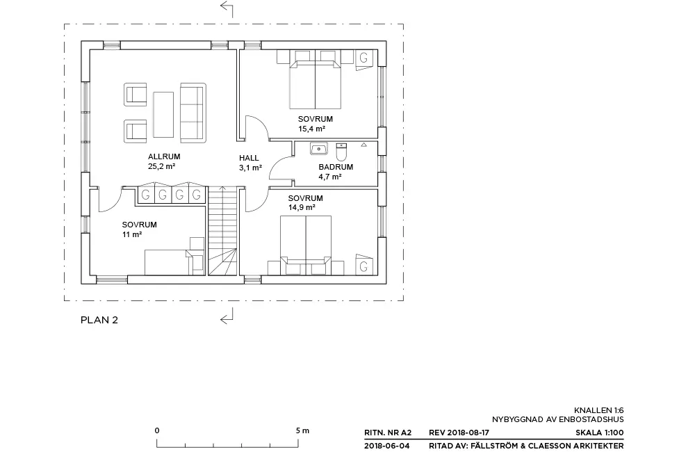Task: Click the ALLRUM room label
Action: click(164, 156)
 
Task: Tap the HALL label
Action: click(249, 158)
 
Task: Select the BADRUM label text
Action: click(336, 167)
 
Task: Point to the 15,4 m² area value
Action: click(311, 129)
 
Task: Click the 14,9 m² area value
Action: click(302, 208)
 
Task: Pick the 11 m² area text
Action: click(132, 234)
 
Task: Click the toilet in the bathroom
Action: click(341, 152)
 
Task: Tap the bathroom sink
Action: click(319, 149)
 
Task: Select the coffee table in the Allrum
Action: click(163, 115)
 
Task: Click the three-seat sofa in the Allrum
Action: click(193, 113)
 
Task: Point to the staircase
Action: click(222, 231)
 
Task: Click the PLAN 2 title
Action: click(99, 321)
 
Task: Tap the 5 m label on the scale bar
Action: click(303, 430)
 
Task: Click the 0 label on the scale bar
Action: click(157, 430)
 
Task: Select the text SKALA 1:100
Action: click(599, 433)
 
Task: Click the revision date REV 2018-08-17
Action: click(459, 433)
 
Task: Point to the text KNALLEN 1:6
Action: click(599, 411)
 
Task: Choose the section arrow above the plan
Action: click(227, 9)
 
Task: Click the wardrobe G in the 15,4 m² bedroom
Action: click(363, 58)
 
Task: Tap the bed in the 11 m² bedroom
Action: click(167, 262)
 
